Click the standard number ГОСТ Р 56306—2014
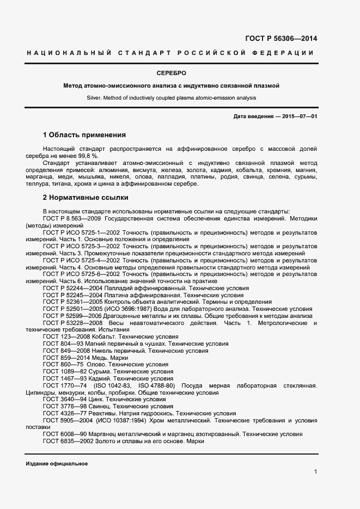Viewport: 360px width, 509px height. coord(282,38)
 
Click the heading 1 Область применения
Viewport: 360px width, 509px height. coord(84,134)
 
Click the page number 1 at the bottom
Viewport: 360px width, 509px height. coord(315,471)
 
